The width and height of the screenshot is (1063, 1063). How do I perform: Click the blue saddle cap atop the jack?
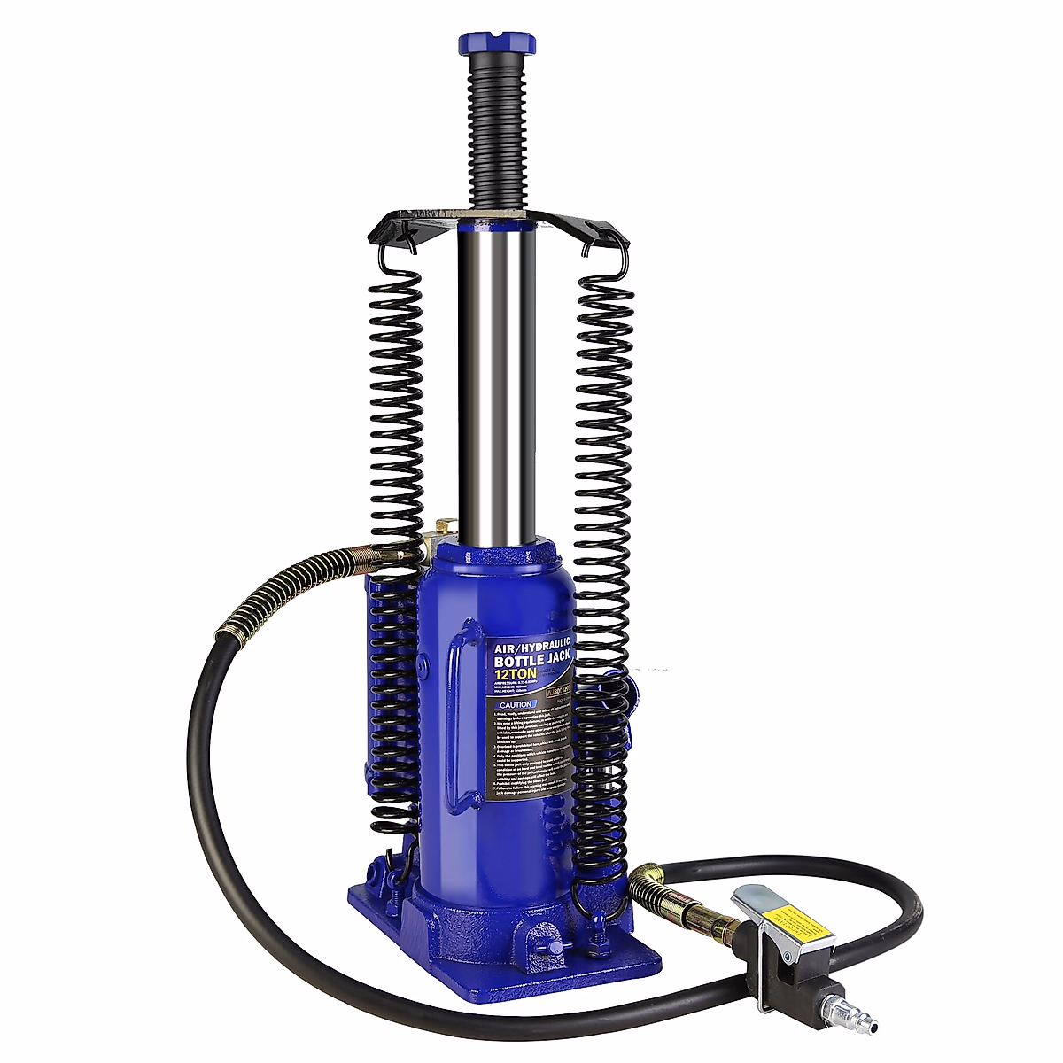tap(496, 44)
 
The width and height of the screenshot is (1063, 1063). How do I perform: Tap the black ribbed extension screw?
tap(497, 133)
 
